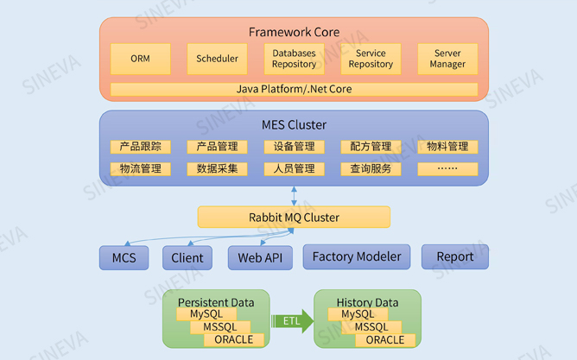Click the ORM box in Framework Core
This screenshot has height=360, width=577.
tap(140, 59)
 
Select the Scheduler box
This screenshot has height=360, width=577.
tap(217, 59)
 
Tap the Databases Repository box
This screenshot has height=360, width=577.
tap(294, 59)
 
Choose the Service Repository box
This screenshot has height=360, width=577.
tap(371, 59)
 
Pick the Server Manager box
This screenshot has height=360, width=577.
tap(447, 59)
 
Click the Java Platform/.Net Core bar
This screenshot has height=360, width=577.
tap(294, 90)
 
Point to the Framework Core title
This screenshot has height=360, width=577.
tap(294, 32)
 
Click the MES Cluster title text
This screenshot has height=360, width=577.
tap(294, 125)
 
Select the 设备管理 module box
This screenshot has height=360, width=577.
tap(294, 147)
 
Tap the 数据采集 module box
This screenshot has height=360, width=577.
tap(217, 169)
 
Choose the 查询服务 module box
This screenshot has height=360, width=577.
tap(371, 169)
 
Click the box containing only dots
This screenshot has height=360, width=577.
tap(447, 169)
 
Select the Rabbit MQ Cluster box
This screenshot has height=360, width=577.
tap(294, 217)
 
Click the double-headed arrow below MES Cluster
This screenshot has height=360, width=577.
tap(294, 196)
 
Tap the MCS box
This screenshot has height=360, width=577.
tap(124, 258)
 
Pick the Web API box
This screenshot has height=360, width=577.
tap(260, 258)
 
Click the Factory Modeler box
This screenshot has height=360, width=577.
tap(357, 256)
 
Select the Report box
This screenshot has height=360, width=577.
tap(455, 256)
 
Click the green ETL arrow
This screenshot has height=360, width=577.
tap(292, 321)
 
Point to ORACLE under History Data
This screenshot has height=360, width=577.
tap(385, 340)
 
